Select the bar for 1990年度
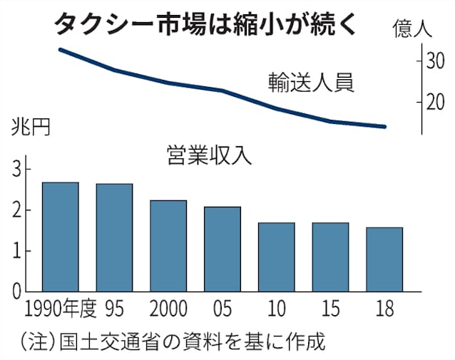61,237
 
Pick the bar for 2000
168,246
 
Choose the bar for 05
223,249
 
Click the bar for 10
276,257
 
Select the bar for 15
330,257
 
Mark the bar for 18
384,259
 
